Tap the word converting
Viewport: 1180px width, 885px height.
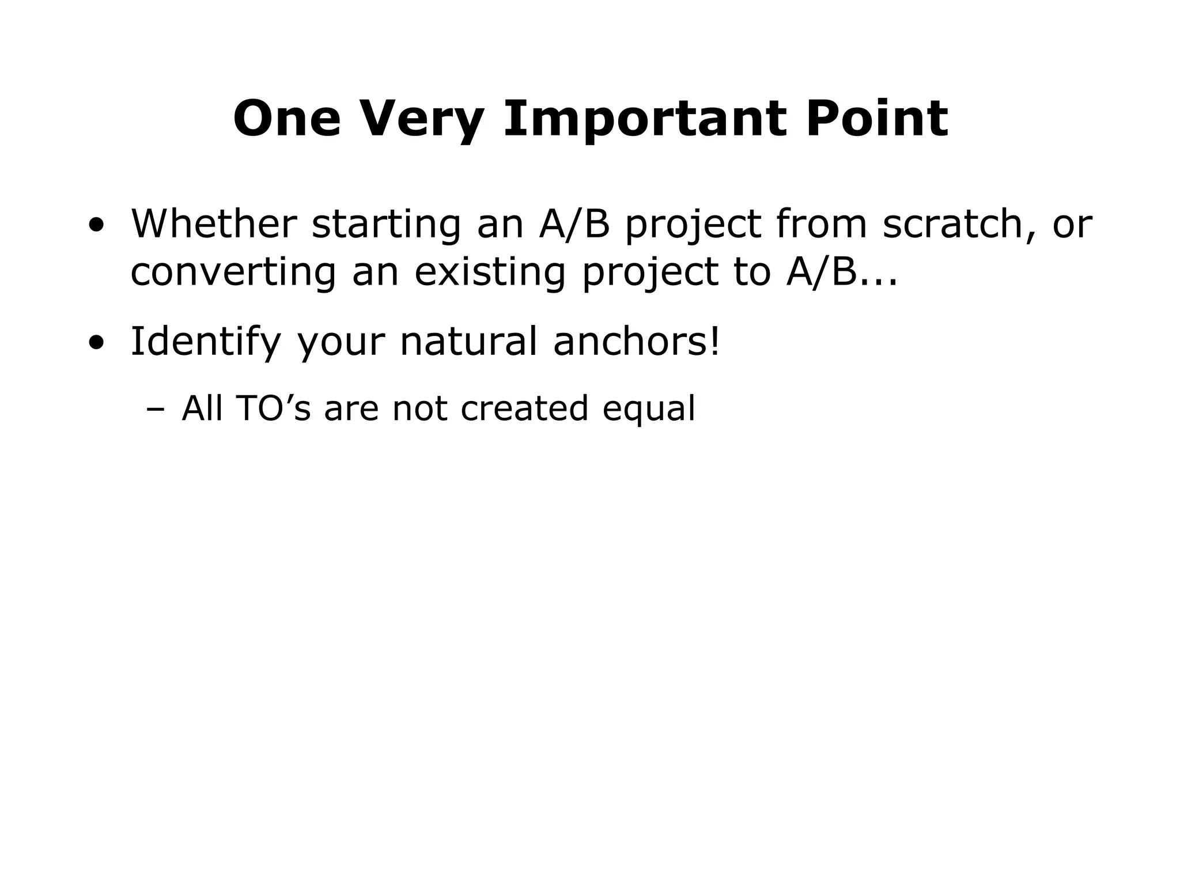point(233,273)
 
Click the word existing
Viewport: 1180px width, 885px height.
point(490,273)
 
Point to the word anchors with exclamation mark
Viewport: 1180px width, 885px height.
point(637,341)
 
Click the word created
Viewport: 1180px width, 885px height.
point(524,409)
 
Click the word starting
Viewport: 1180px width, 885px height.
point(386,225)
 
